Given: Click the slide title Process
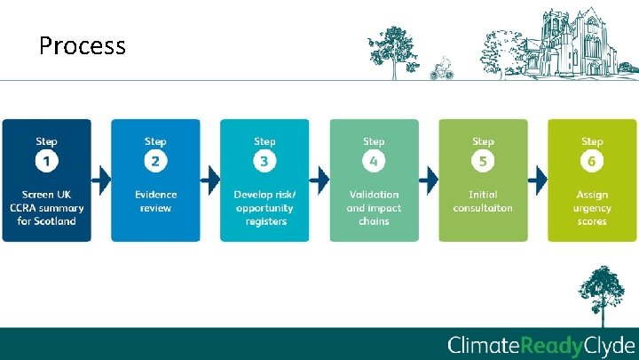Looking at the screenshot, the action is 83,44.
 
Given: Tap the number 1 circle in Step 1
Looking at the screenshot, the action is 46,162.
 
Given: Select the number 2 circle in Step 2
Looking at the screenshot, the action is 155,162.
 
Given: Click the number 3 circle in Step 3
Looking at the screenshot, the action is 264,162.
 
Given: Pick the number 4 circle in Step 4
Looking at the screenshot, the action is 374,162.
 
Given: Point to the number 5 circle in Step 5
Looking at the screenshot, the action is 483,162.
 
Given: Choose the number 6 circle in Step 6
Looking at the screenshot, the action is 592,162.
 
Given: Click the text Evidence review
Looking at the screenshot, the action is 155,201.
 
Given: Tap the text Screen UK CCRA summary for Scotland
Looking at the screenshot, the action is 46,207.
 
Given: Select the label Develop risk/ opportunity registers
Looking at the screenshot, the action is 264,207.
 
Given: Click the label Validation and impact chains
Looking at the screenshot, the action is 374,207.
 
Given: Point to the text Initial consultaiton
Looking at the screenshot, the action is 483,201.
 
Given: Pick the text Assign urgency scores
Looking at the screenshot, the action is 592,207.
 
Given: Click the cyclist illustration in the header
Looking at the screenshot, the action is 441,69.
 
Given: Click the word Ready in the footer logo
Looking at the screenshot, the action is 554,346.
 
